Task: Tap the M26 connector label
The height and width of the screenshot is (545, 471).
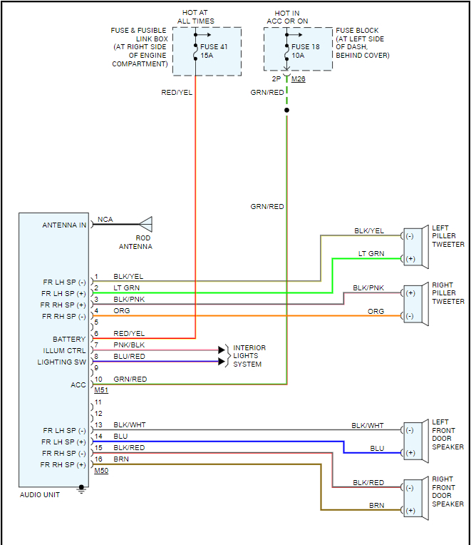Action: (x=298, y=79)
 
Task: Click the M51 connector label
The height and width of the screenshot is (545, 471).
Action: (x=101, y=390)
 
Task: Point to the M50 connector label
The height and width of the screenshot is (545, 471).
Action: (x=101, y=471)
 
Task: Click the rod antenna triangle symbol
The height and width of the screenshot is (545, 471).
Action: (x=145, y=224)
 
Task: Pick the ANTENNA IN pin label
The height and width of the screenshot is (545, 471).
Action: (x=64, y=225)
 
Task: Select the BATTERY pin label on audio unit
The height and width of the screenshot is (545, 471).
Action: (x=69, y=340)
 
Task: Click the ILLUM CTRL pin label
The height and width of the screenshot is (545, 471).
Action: (x=64, y=351)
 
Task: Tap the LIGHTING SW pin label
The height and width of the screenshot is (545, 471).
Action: (x=61, y=362)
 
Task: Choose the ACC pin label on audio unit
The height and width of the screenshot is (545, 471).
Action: (x=78, y=385)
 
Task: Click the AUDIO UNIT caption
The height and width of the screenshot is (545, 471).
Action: (x=40, y=494)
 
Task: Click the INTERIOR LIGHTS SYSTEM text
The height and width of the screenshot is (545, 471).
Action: (x=249, y=356)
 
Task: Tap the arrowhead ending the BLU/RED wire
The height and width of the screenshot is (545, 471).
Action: (x=221, y=362)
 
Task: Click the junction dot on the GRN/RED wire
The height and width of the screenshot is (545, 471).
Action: (x=286, y=110)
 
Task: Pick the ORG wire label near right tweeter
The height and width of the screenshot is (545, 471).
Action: (x=376, y=312)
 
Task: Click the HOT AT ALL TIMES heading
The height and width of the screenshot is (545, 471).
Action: (x=195, y=17)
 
